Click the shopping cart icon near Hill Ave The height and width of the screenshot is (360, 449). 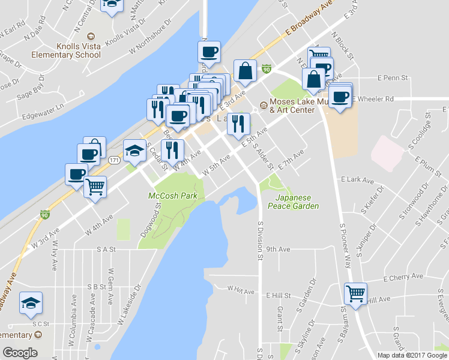(355, 294)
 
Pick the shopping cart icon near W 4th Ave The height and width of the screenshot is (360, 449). (95, 187)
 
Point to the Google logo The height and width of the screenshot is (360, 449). (20, 353)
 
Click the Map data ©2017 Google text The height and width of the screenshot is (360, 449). (412, 355)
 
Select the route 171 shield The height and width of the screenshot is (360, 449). (113, 160)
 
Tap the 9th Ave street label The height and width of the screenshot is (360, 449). (279, 248)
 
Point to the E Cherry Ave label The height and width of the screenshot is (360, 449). (403, 277)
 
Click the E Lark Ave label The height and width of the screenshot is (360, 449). (357, 179)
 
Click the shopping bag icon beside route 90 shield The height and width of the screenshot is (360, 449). (246, 71)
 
